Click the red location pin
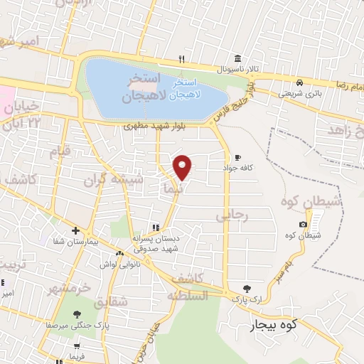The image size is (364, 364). [183, 167]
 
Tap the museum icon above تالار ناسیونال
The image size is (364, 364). [237, 58]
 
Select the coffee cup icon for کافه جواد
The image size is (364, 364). [237, 157]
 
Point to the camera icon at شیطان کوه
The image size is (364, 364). [304, 225]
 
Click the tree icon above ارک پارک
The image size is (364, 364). [247, 289]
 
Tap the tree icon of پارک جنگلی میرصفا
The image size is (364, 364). [77, 314]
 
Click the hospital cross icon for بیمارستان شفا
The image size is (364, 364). [75, 231]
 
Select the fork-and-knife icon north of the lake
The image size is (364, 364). [182, 58]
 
